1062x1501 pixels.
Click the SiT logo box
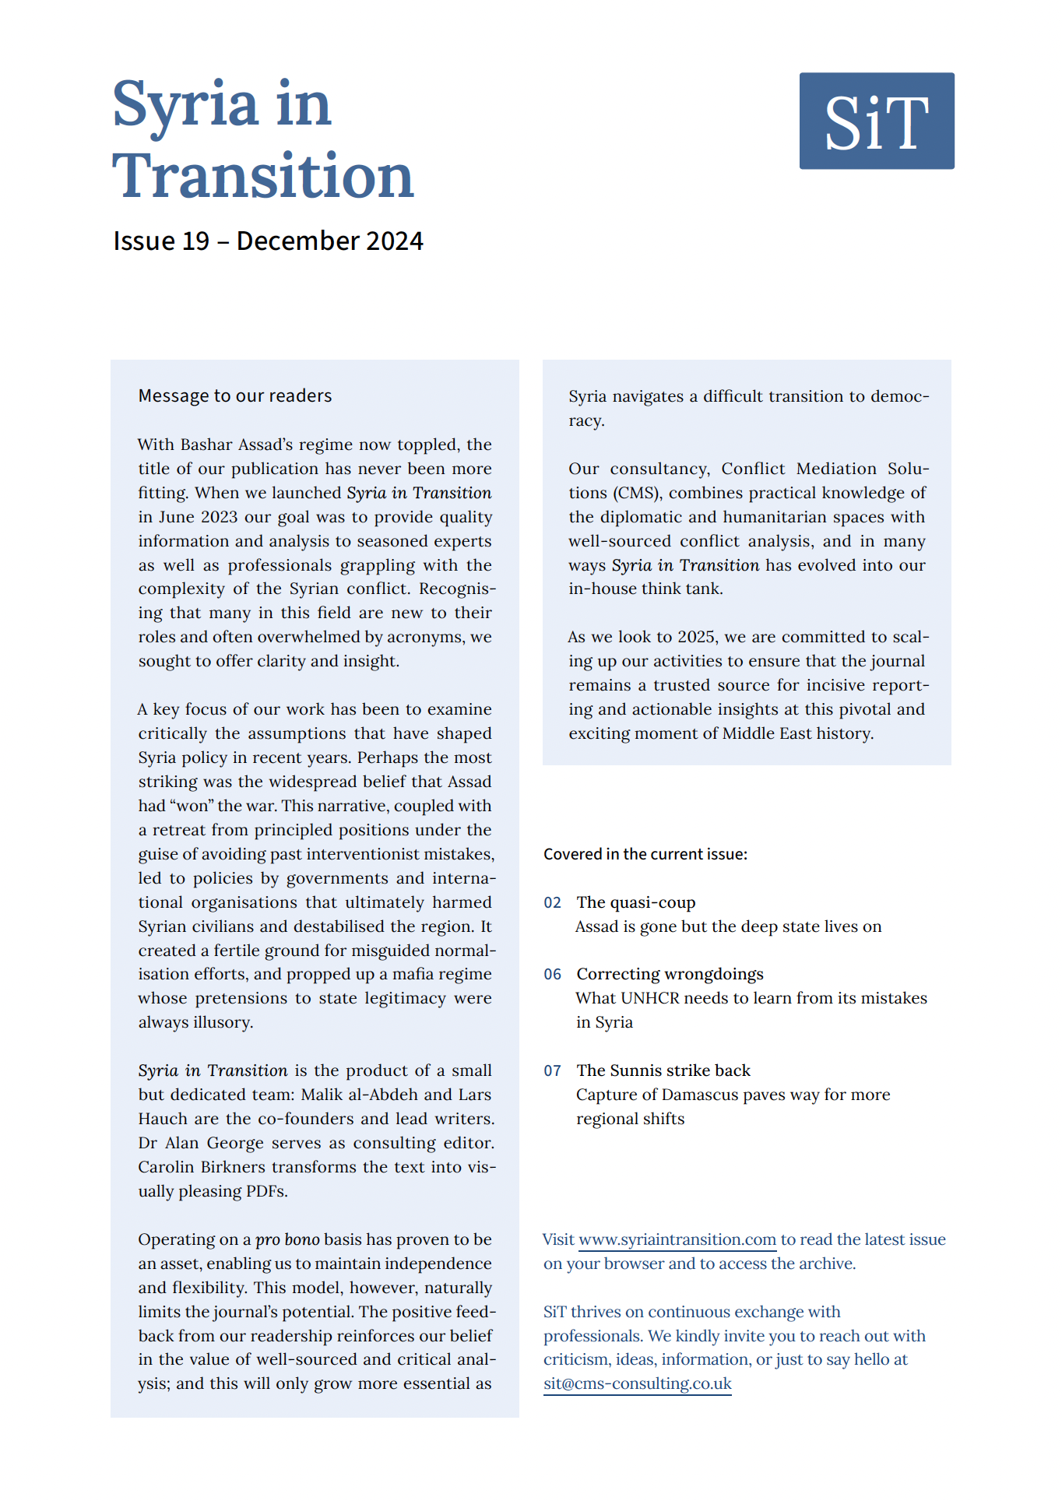coord(876,121)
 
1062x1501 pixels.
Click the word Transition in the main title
coord(262,176)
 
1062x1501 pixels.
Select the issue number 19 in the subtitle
coord(195,241)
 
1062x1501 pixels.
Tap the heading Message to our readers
coord(235,395)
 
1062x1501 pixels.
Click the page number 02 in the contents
coord(552,903)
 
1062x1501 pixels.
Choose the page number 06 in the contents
coord(552,975)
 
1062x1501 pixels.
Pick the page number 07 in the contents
coord(552,1071)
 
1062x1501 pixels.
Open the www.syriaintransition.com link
coord(677,1239)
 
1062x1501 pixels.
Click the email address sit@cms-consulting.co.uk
coord(638,1383)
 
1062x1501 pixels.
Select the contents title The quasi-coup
coord(636,902)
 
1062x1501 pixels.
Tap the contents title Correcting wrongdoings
coord(670,974)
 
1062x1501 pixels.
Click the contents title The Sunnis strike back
coord(663,1070)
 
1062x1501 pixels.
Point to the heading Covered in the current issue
coord(645,854)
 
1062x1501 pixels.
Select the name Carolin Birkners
coord(202,1167)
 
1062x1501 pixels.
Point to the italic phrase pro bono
coord(287,1239)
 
